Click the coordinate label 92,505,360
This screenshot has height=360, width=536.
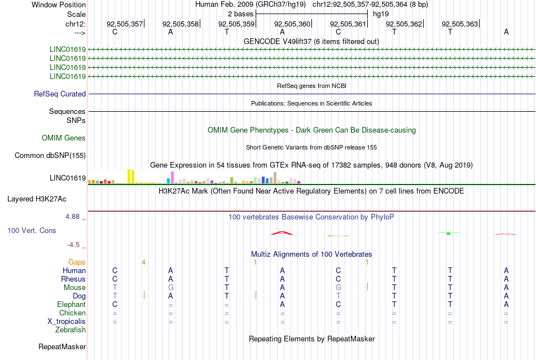(x=292, y=24)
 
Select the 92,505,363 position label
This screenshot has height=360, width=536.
(x=459, y=24)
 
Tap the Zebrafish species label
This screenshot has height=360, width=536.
(x=71, y=330)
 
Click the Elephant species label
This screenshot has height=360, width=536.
(x=72, y=304)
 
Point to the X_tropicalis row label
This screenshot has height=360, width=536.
(x=67, y=322)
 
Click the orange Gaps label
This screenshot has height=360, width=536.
(x=77, y=262)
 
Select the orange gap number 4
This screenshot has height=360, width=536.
(x=143, y=262)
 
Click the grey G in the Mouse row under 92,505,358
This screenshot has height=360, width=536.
(x=170, y=288)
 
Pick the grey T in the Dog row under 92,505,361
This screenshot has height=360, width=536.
(x=338, y=296)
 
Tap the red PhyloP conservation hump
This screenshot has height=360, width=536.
(x=282, y=233)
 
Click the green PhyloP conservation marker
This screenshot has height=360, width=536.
(x=449, y=233)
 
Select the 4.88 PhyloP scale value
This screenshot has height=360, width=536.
(x=72, y=217)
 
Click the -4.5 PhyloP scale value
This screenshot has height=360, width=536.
(x=73, y=244)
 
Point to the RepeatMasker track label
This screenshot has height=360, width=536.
(x=62, y=346)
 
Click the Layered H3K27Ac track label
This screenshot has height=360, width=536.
(x=37, y=199)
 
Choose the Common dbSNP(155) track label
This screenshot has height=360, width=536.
(x=50, y=156)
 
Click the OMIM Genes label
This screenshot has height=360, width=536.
(x=64, y=138)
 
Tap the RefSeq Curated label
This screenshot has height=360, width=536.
(x=60, y=94)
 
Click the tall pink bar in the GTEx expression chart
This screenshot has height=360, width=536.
(x=172, y=177)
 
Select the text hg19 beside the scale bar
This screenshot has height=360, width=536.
(x=381, y=14)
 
